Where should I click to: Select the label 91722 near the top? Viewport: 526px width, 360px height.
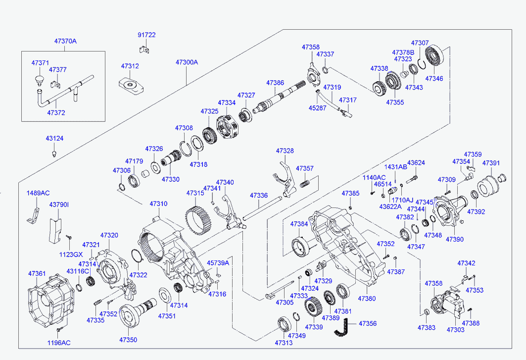point(146,35)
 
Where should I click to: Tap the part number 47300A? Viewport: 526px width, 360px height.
point(187,62)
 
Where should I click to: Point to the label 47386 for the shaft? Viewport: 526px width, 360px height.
point(275,83)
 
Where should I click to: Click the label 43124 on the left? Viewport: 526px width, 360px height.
point(54,139)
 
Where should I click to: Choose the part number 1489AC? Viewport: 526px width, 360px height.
point(38,193)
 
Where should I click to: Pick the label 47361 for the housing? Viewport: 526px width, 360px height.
point(37,273)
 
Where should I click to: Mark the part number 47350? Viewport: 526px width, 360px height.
point(128,340)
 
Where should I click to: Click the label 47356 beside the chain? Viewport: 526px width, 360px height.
point(368,323)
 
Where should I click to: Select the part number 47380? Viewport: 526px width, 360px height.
point(367,299)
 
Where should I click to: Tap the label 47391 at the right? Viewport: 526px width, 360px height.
point(491,162)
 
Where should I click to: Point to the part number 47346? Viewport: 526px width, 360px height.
point(434,79)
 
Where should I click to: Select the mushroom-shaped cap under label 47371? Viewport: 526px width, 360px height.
point(39,79)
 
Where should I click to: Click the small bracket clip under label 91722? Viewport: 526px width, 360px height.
point(144,49)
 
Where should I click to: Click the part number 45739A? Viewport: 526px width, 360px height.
point(218,263)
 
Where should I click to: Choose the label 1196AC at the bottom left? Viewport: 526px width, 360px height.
point(59,342)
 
